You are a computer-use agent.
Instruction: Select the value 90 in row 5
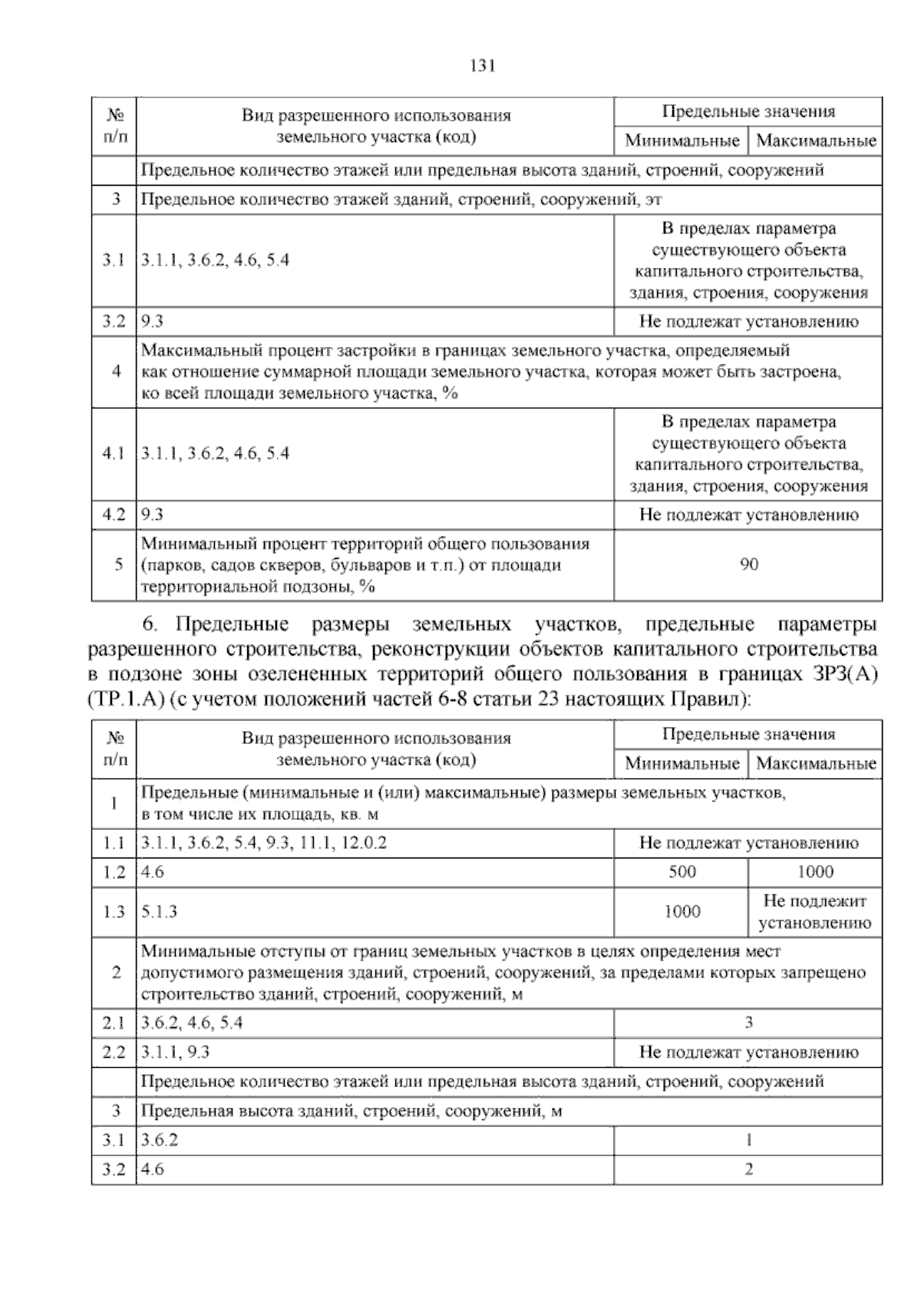[x=748, y=565]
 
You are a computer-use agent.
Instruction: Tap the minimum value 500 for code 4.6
[x=682, y=872]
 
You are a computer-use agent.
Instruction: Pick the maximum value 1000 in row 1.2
[x=815, y=872]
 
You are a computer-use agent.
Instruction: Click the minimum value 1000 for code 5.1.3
[x=682, y=912]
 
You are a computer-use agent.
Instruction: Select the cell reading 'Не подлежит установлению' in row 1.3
[x=815, y=912]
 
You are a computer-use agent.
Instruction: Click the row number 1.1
[x=114, y=843]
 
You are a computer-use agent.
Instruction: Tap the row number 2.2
[x=114, y=1053]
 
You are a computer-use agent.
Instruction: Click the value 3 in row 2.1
[x=748, y=1023]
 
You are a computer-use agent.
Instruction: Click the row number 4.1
[x=114, y=454]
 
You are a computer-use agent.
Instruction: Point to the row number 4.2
[x=114, y=515]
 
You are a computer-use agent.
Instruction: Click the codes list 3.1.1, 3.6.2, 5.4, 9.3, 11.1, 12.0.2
[x=265, y=843]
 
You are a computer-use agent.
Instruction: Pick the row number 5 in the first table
[x=117, y=565]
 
